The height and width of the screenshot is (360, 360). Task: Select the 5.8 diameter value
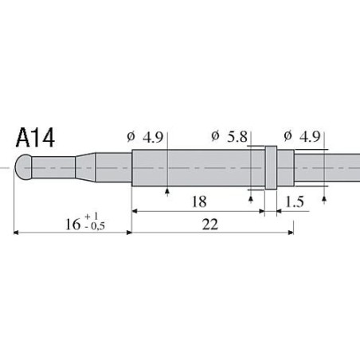[x=237, y=136]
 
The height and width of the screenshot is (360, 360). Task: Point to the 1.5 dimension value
[x=294, y=202]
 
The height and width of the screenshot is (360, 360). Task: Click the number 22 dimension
[x=209, y=225]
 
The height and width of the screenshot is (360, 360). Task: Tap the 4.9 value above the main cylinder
[x=153, y=136]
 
